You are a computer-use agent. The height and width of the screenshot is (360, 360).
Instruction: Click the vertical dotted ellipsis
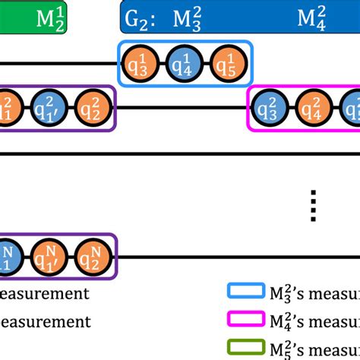pyautogui.click(x=313, y=205)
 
